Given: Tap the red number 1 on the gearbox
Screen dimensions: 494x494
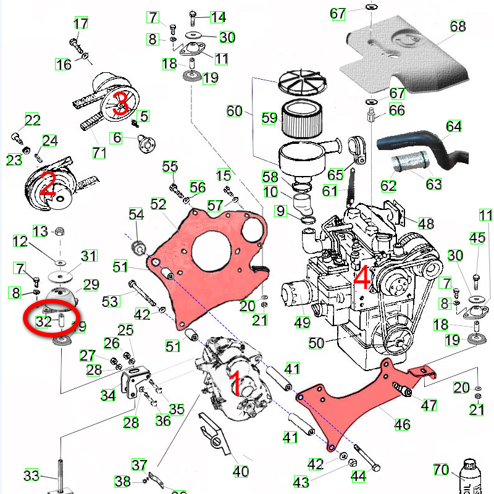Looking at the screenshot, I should point(235,383).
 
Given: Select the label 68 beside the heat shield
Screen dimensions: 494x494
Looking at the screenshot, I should point(458,27).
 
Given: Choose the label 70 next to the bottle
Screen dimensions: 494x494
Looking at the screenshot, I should point(441,470).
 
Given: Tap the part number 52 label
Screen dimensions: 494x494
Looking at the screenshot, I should point(159,204).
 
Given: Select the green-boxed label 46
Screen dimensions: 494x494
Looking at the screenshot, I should point(402,424).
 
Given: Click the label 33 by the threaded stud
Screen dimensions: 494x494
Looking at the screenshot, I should point(31,475).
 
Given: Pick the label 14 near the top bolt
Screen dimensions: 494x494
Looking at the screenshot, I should point(218,17).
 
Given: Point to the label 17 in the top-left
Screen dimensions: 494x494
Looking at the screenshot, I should point(81,24).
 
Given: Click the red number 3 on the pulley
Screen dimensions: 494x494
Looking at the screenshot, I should point(121,103).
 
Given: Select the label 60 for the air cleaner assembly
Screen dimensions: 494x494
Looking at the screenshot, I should point(234,111).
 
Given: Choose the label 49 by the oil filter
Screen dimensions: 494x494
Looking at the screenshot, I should point(302,322).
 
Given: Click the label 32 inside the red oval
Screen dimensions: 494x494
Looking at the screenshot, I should point(43,321).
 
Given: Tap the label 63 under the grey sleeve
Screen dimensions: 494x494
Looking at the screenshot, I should point(434,183).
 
